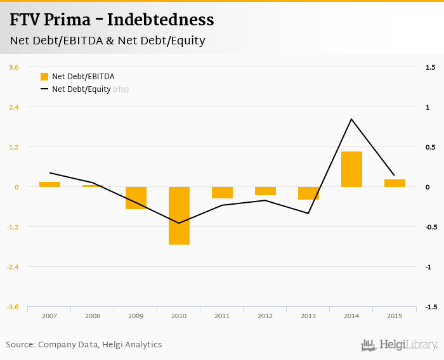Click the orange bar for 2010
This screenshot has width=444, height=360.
[x=179, y=215]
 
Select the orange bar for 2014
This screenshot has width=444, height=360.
[x=351, y=169]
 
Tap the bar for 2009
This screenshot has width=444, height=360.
[x=136, y=198]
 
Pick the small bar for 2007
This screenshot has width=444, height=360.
[x=49, y=184]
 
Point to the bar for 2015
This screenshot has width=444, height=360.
[x=395, y=183]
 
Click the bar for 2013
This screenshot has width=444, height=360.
[x=308, y=193]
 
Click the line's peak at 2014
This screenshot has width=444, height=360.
[x=351, y=119]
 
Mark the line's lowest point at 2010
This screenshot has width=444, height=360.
[x=179, y=223]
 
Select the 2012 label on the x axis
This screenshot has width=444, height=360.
[x=265, y=316]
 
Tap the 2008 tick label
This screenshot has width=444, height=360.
[x=93, y=316]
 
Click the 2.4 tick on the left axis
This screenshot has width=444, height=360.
[x=13, y=107]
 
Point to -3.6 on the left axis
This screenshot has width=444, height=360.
[x=13, y=307]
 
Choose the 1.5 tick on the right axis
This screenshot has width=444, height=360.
[x=430, y=67]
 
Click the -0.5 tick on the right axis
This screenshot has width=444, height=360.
[x=430, y=227]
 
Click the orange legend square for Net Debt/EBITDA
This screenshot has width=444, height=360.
[x=44, y=77]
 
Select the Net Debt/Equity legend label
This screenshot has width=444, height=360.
[x=81, y=89]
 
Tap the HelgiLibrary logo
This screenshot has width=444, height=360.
[x=399, y=345]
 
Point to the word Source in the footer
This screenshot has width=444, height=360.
[x=20, y=345]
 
